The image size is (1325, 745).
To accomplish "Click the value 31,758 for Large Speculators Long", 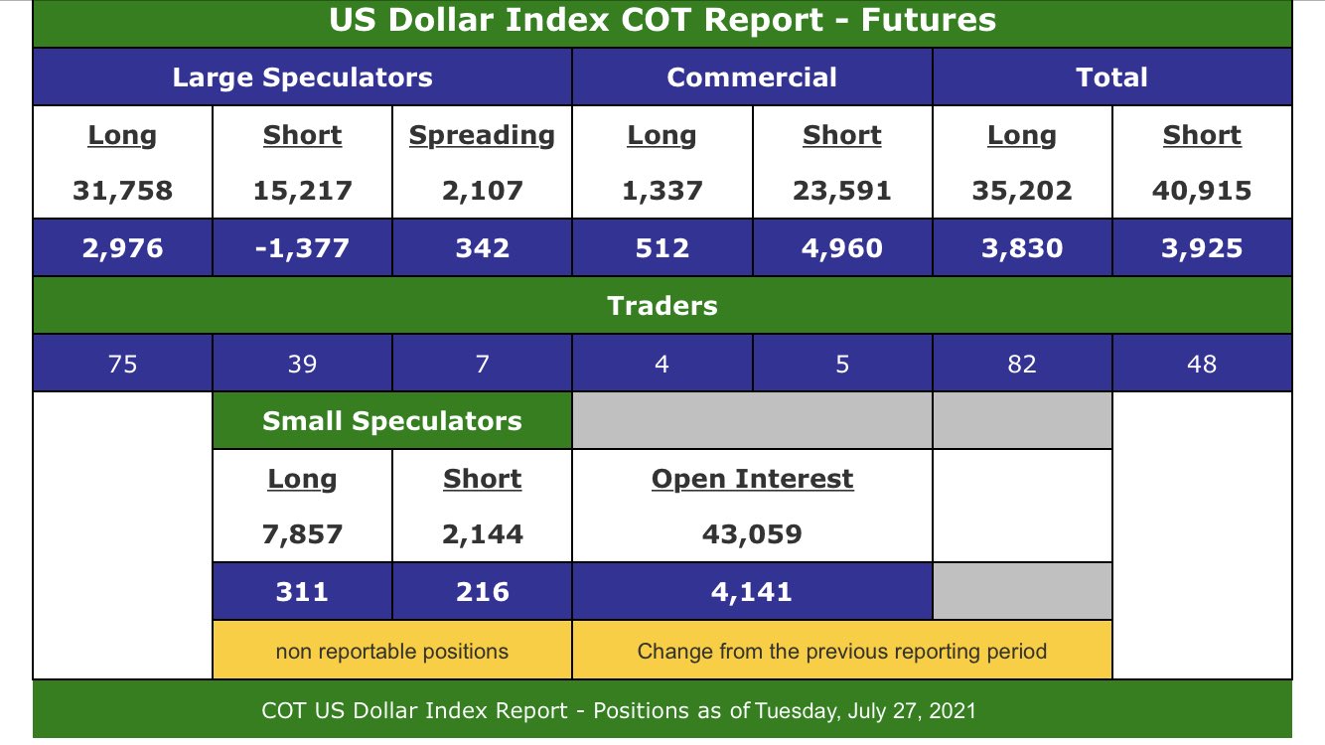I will click(x=122, y=190).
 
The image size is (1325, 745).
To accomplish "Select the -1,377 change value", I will click(x=302, y=247).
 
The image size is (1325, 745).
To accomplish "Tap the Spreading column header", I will click(x=482, y=135).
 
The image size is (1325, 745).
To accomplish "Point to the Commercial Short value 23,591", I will click(x=842, y=190).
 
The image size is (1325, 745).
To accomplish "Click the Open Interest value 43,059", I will click(x=752, y=533).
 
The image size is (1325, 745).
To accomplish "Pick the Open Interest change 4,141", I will click(x=752, y=592).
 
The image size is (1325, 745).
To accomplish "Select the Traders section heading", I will click(x=662, y=306).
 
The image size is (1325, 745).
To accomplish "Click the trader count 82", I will click(x=1021, y=364).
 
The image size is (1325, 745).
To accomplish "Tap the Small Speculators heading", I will click(x=391, y=421).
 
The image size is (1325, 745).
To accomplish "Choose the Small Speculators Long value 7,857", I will click(x=302, y=533).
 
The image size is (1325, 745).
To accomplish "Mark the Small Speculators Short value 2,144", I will click(x=482, y=533).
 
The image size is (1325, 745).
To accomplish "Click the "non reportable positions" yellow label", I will click(x=391, y=652).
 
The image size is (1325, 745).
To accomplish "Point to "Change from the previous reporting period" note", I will click(x=841, y=652).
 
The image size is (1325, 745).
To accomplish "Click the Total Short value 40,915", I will click(x=1202, y=190).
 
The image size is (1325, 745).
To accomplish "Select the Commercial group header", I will click(x=752, y=77).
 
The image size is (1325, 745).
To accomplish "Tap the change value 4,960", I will click(x=842, y=247).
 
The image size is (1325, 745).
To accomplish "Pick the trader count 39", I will click(x=302, y=364).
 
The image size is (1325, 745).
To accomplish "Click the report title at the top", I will click(x=662, y=21).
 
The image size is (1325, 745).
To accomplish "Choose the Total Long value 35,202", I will click(x=1021, y=190).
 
